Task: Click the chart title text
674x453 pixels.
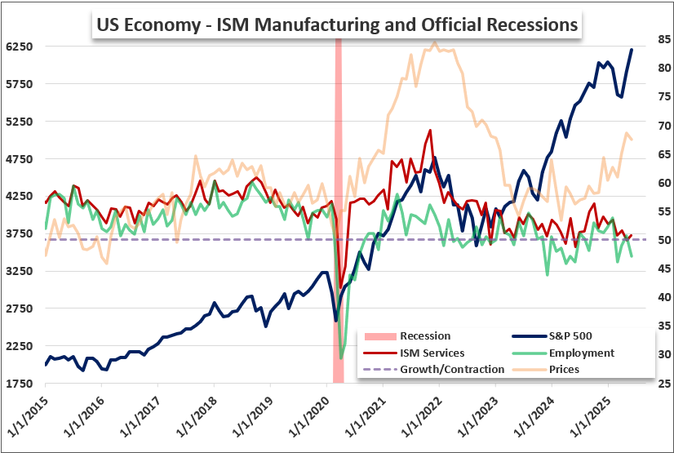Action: [x=337, y=25]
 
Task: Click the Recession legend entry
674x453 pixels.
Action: [x=407, y=336]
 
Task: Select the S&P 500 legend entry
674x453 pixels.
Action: [x=552, y=336]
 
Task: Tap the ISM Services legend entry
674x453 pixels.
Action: [x=414, y=353]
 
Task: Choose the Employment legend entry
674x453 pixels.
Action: [x=564, y=353]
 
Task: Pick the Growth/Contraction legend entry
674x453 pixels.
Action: [x=434, y=370]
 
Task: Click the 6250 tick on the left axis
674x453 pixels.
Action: [x=20, y=47]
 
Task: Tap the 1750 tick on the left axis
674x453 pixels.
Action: [x=20, y=384]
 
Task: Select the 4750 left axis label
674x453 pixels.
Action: [x=20, y=159]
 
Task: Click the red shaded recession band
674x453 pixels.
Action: [x=339, y=211]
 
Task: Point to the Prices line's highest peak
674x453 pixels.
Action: [x=435, y=42]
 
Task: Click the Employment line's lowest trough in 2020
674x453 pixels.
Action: [x=341, y=358]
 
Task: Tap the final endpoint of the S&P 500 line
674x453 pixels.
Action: [x=632, y=50]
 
